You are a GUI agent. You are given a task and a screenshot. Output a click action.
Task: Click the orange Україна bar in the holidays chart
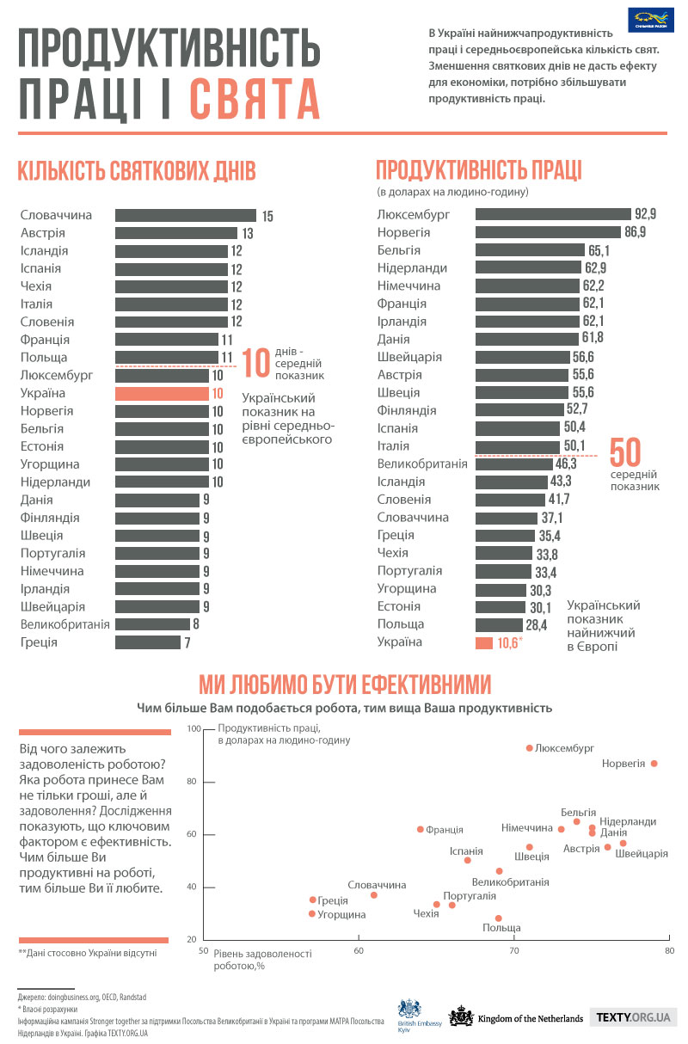169,393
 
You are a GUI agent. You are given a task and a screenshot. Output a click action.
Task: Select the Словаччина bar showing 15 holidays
186,215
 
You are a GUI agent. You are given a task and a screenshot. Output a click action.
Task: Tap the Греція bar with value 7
146,642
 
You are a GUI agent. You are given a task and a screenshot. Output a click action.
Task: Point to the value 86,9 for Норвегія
636,232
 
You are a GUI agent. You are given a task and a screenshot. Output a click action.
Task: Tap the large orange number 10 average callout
255,363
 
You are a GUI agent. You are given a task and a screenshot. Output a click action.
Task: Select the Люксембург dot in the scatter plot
529,748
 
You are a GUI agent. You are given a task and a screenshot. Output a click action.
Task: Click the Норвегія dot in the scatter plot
654,764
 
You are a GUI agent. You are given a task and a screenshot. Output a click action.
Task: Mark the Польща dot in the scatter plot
499,918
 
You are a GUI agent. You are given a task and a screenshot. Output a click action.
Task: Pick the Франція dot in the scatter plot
420,829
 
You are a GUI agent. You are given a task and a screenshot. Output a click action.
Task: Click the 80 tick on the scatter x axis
669,951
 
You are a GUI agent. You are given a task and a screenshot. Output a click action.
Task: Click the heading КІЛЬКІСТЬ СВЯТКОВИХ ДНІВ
137,170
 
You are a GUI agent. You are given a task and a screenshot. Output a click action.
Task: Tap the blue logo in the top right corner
650,19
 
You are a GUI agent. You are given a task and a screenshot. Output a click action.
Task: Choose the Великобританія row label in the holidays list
64,624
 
